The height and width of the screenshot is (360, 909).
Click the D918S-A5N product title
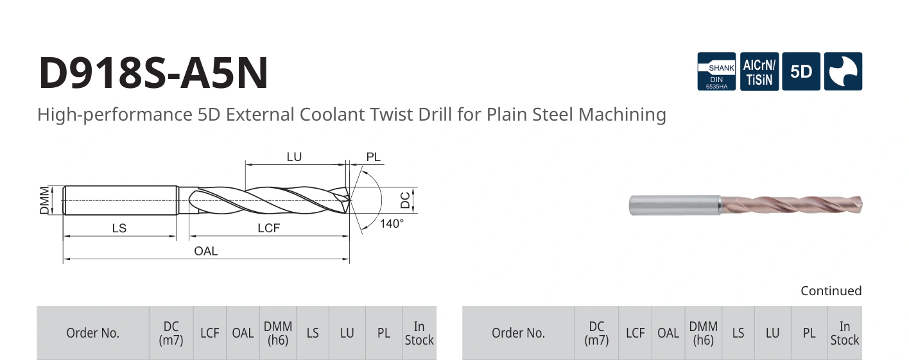[153, 73]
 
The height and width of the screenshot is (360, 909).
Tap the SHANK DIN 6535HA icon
[716, 71]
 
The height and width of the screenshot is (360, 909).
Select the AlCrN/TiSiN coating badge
[759, 71]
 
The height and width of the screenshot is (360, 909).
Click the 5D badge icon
[801, 71]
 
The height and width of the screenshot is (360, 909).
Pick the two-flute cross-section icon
[844, 71]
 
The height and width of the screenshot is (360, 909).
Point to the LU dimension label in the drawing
[294, 157]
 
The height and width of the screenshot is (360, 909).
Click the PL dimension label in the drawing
[374, 157]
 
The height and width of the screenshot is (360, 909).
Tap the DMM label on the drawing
[44, 200]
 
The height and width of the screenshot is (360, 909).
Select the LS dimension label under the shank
[119, 228]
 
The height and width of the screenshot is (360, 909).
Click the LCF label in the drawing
[268, 228]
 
